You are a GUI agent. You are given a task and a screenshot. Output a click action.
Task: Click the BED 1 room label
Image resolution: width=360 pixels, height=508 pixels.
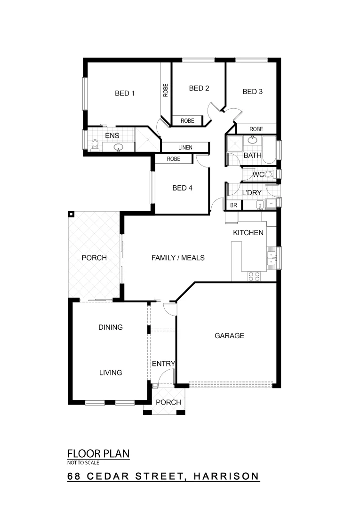pyautogui.click(x=125, y=93)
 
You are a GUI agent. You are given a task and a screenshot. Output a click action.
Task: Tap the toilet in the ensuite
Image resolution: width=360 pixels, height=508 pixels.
pyautogui.click(x=94, y=145)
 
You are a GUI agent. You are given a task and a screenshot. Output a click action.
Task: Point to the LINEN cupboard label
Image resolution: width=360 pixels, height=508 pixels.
pyautogui.click(x=184, y=147)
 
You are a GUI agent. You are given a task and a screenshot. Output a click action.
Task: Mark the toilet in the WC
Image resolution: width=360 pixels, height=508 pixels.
pyautogui.click(x=269, y=175)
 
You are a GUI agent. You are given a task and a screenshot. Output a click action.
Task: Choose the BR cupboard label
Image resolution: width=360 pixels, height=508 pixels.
pyautogui.click(x=233, y=206)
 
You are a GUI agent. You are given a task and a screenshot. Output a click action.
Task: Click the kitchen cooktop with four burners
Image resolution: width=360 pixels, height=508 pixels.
pyautogui.click(x=254, y=277)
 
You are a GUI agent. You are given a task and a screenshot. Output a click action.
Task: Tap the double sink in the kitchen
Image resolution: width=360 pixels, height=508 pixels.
pyautogui.click(x=272, y=258)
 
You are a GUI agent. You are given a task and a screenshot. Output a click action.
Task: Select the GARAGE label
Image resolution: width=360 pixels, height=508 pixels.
pyautogui.click(x=229, y=335)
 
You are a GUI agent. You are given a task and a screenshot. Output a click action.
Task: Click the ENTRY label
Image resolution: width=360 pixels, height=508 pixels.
pyautogui.click(x=163, y=364)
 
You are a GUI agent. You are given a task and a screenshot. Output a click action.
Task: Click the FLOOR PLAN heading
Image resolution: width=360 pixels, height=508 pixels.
pyautogui.click(x=98, y=454)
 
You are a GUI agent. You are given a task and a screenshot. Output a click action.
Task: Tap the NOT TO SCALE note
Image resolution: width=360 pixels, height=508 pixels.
pyautogui.click(x=83, y=463)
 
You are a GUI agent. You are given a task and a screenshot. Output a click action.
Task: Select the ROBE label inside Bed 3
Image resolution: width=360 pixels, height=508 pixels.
pyautogui.click(x=256, y=129)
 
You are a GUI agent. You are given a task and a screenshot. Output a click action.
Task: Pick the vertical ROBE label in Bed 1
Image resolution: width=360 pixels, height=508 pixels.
pyautogui.click(x=166, y=89)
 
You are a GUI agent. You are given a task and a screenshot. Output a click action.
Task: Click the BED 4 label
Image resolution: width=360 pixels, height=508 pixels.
pyautogui.click(x=182, y=188)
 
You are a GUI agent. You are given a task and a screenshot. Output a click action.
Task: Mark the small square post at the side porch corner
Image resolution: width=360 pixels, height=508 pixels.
pyautogui.click(x=71, y=214)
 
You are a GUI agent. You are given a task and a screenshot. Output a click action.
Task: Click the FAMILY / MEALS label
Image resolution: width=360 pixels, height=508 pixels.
pyautogui.click(x=178, y=258)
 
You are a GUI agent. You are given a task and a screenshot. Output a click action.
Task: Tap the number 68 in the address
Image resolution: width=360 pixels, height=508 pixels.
pyautogui.click(x=74, y=476)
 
